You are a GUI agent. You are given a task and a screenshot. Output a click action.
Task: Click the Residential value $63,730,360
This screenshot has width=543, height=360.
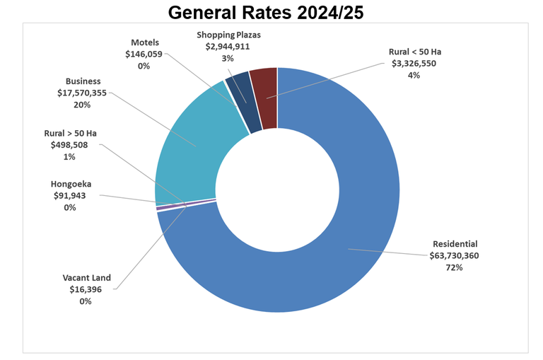click(x=454, y=255)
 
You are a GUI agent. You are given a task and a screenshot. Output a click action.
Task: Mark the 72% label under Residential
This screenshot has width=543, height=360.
click(x=454, y=267)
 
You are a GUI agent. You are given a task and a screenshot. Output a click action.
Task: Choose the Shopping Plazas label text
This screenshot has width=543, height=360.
click(x=228, y=35)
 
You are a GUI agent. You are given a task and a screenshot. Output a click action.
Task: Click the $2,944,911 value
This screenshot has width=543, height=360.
click(x=228, y=47)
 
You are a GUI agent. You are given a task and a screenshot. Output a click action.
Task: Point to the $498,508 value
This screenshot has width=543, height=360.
click(x=69, y=144)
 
